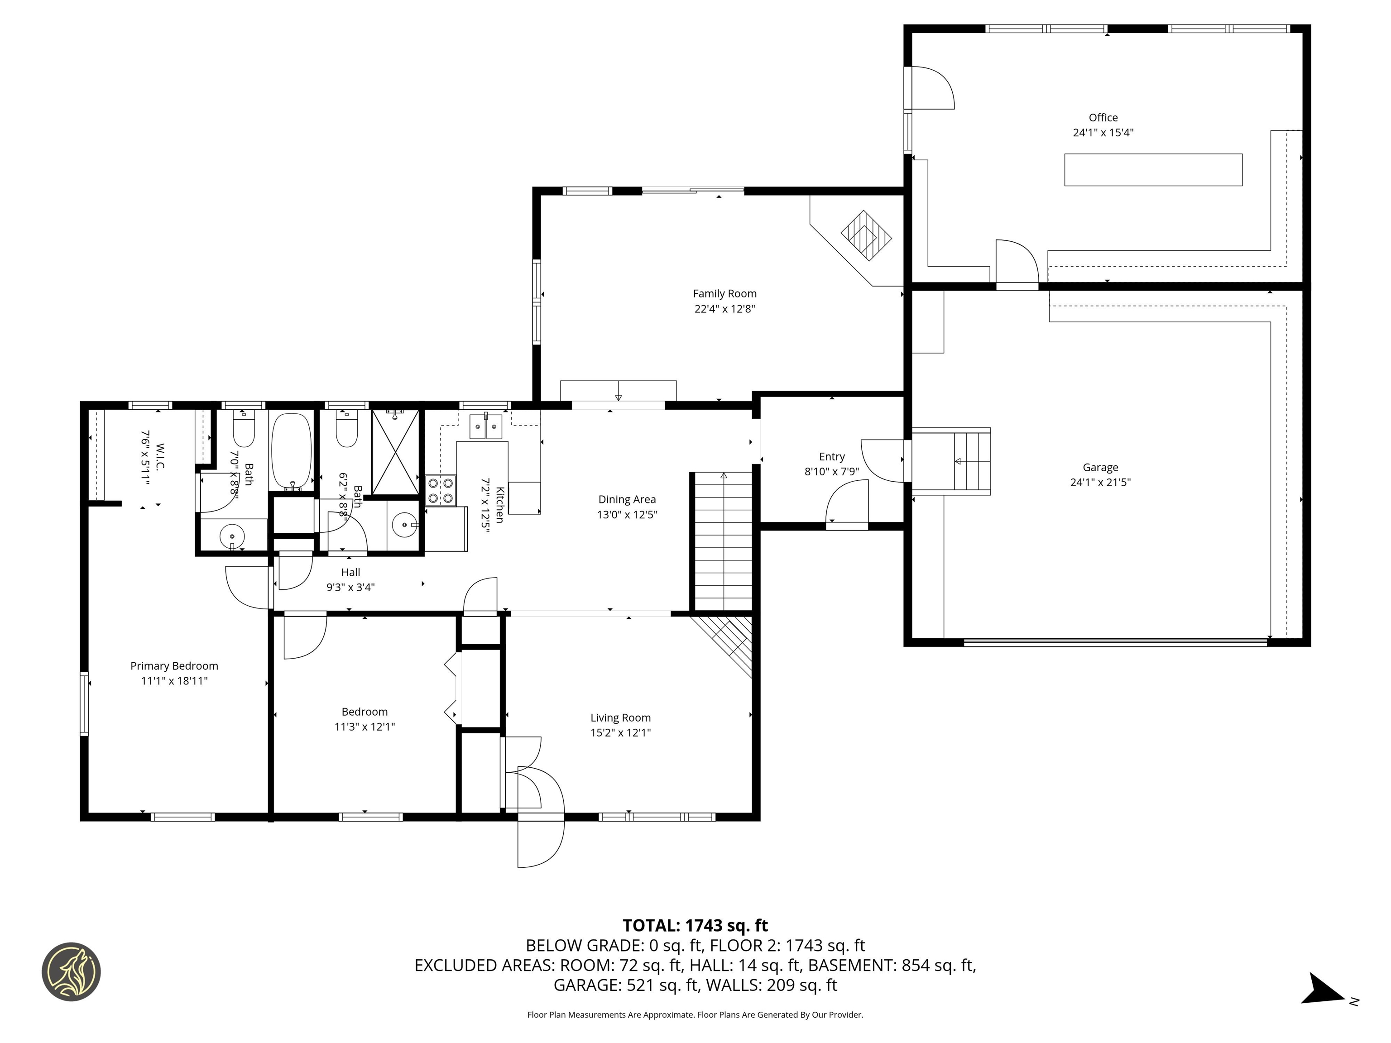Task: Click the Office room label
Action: point(1103,118)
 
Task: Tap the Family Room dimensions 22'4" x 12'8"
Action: point(724,309)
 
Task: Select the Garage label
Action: point(1100,468)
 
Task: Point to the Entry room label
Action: point(831,457)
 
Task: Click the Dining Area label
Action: point(627,499)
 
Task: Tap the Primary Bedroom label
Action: point(174,666)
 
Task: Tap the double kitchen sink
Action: point(486,426)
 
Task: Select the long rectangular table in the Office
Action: point(1153,170)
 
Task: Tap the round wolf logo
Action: point(71,971)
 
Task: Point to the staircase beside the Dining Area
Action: point(723,541)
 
